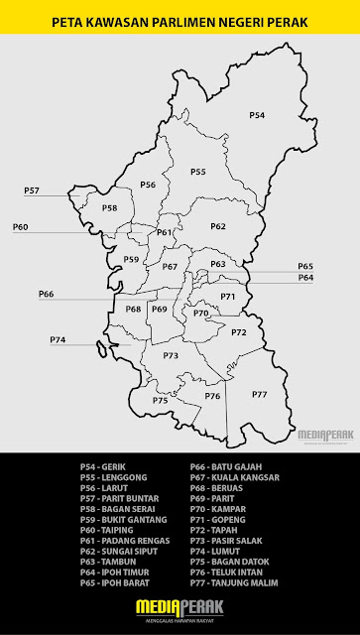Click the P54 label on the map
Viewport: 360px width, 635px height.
tap(257, 116)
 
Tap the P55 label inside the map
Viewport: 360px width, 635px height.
tap(197, 172)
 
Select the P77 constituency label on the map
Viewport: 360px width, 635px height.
tap(259, 394)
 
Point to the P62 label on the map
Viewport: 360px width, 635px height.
tap(218, 226)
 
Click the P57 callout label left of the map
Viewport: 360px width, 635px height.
tap(32, 190)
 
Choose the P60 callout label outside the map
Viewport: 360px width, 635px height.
tap(21, 227)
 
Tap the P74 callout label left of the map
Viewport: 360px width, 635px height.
tap(58, 340)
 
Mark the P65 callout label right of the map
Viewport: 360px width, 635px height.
tap(305, 266)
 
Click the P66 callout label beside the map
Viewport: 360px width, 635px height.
tap(47, 294)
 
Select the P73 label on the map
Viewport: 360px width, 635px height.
tap(171, 355)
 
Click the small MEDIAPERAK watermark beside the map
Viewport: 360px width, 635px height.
tap(324, 434)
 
